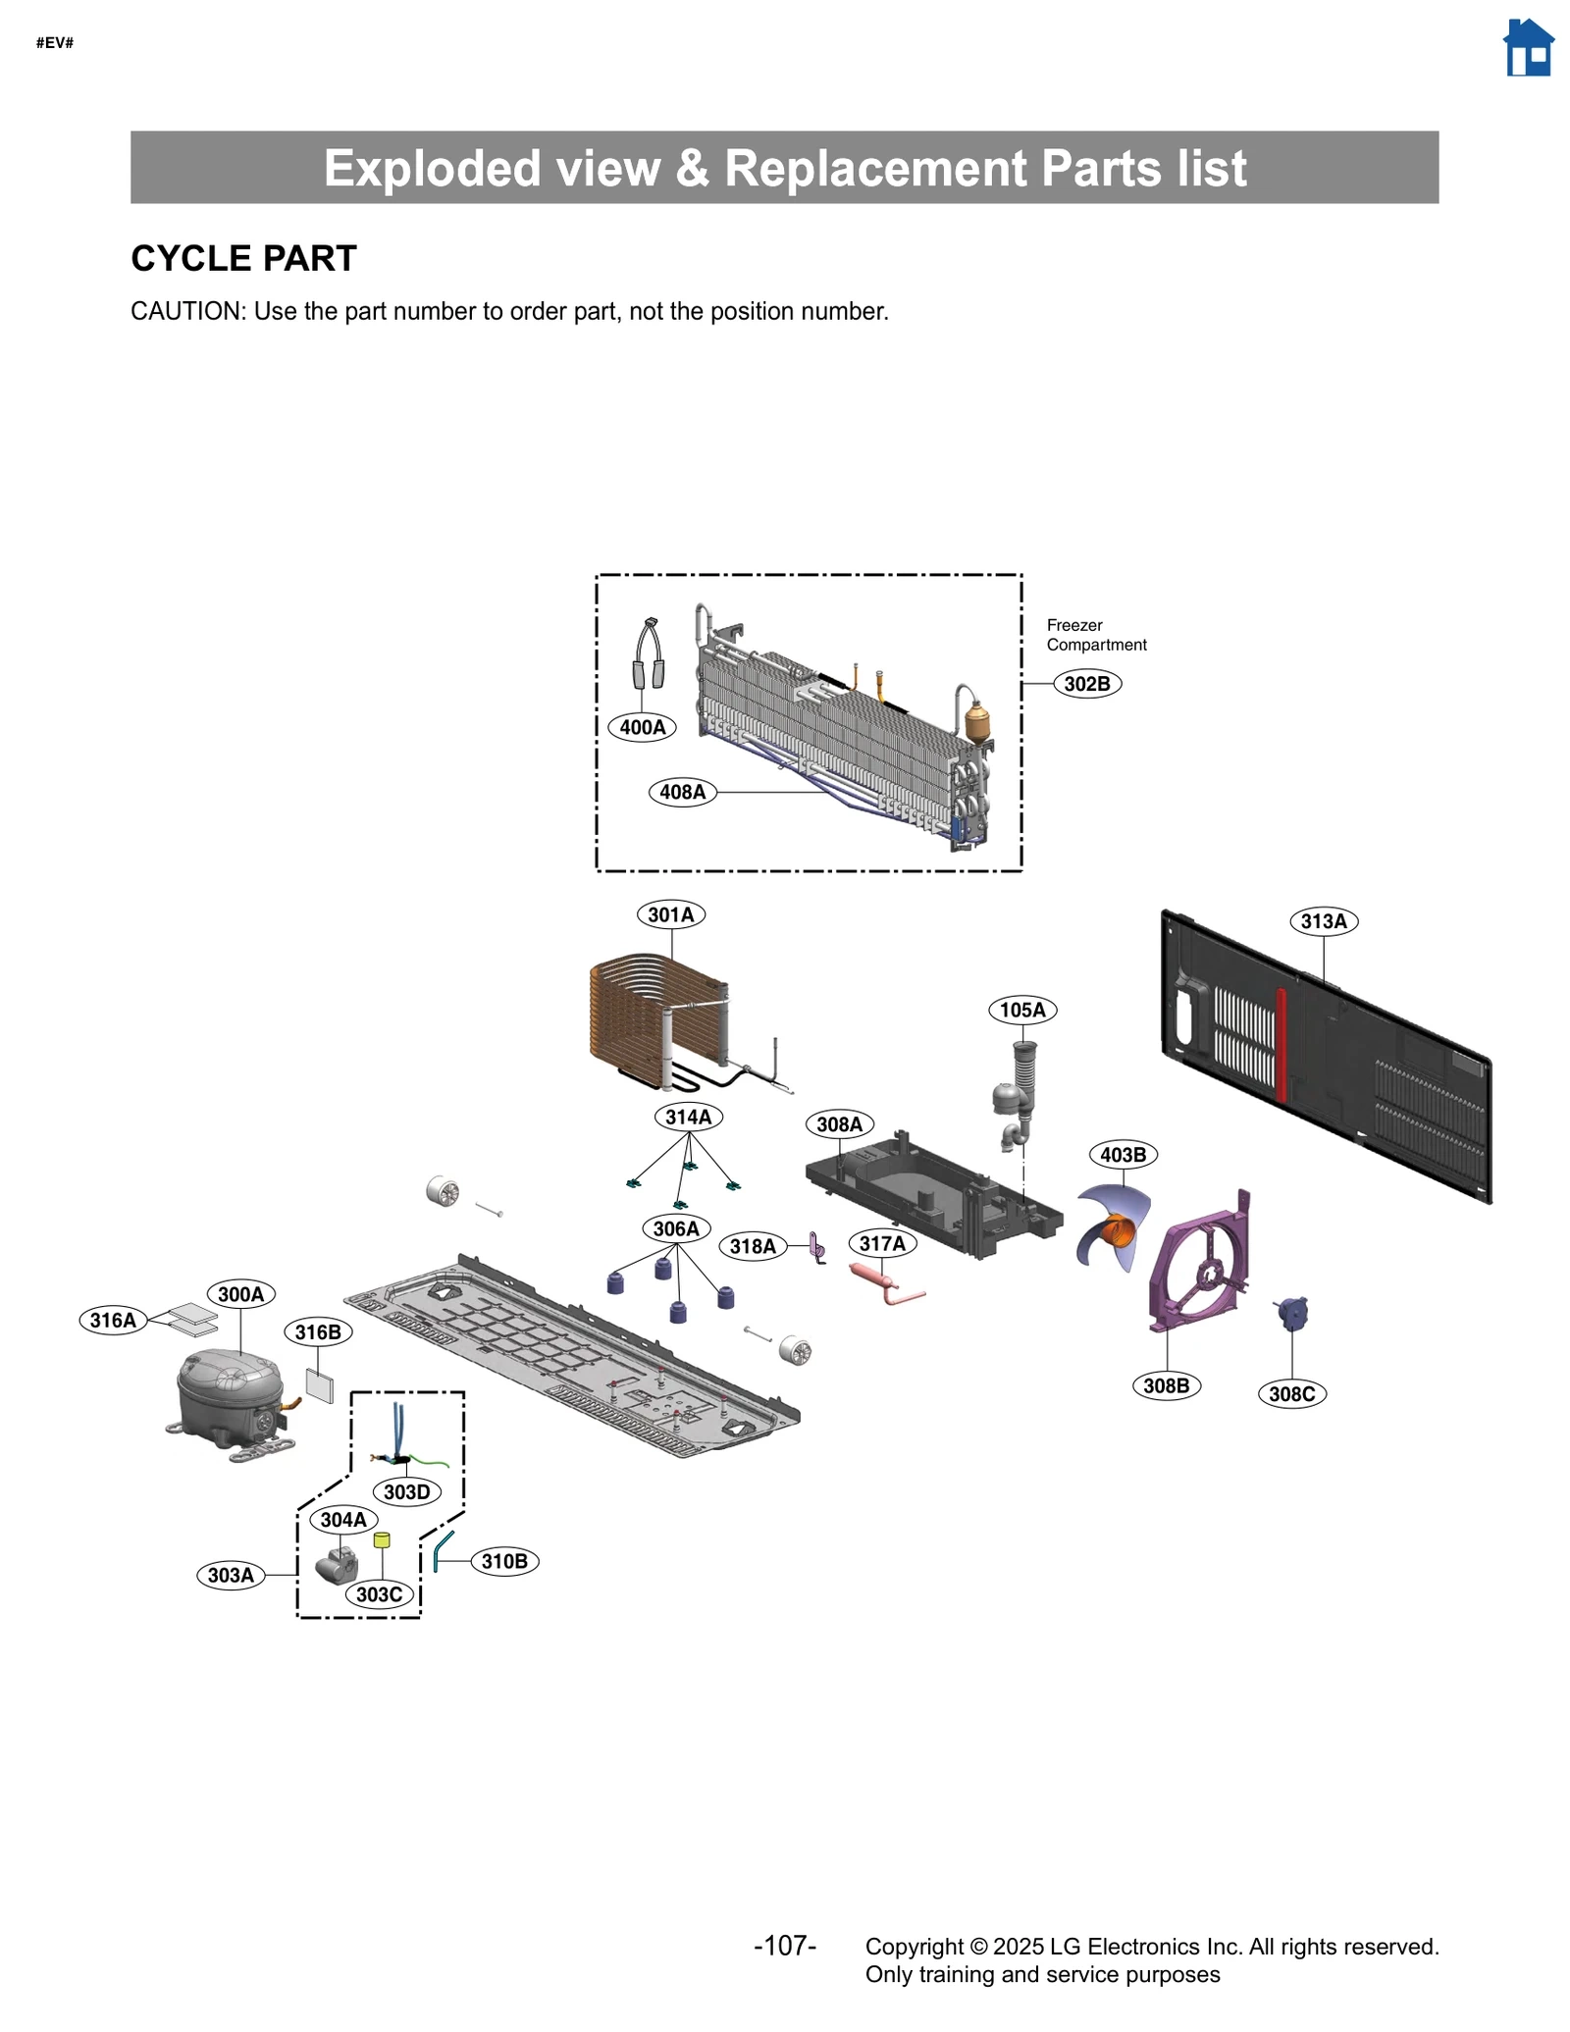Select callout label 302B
(x=1086, y=684)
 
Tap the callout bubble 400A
(x=642, y=727)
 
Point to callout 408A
(x=682, y=792)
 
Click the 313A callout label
(x=1323, y=921)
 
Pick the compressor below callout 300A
(x=230, y=1395)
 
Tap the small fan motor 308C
(x=1291, y=1313)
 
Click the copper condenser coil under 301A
(x=638, y=1020)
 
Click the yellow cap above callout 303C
(x=382, y=1540)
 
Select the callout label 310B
(x=504, y=1561)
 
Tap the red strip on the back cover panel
(x=1281, y=1045)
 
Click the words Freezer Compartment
(x=1095, y=635)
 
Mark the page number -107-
(x=784, y=1946)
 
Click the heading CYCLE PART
(x=243, y=258)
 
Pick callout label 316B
(x=318, y=1331)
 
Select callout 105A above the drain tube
(x=1021, y=1010)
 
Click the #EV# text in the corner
(x=55, y=43)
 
